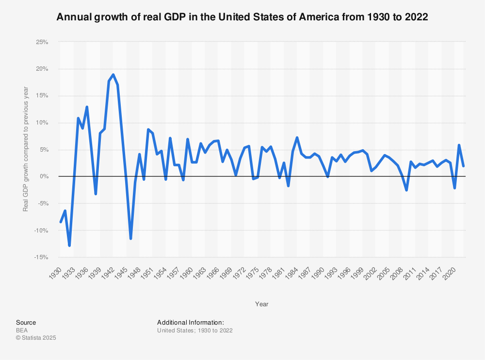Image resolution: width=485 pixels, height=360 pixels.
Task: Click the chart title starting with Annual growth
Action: (242, 17)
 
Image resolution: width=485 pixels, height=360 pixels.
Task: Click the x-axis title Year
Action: (262, 304)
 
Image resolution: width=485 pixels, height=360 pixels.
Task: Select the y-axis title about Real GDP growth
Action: (26, 149)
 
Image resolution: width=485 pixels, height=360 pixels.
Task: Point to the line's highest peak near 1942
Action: (113, 75)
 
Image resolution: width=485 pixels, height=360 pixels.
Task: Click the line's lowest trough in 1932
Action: (69, 246)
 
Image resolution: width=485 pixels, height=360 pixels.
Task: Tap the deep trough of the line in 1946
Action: (130, 238)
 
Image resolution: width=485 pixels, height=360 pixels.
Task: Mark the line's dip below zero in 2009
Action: (406, 190)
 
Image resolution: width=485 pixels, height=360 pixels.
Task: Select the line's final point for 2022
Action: (463, 166)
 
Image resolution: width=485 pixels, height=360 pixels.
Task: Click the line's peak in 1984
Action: (297, 138)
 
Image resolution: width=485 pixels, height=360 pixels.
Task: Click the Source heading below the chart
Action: (26, 322)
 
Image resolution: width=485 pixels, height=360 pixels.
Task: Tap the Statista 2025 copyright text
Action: (36, 338)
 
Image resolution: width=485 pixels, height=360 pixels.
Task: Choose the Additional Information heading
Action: (190, 322)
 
